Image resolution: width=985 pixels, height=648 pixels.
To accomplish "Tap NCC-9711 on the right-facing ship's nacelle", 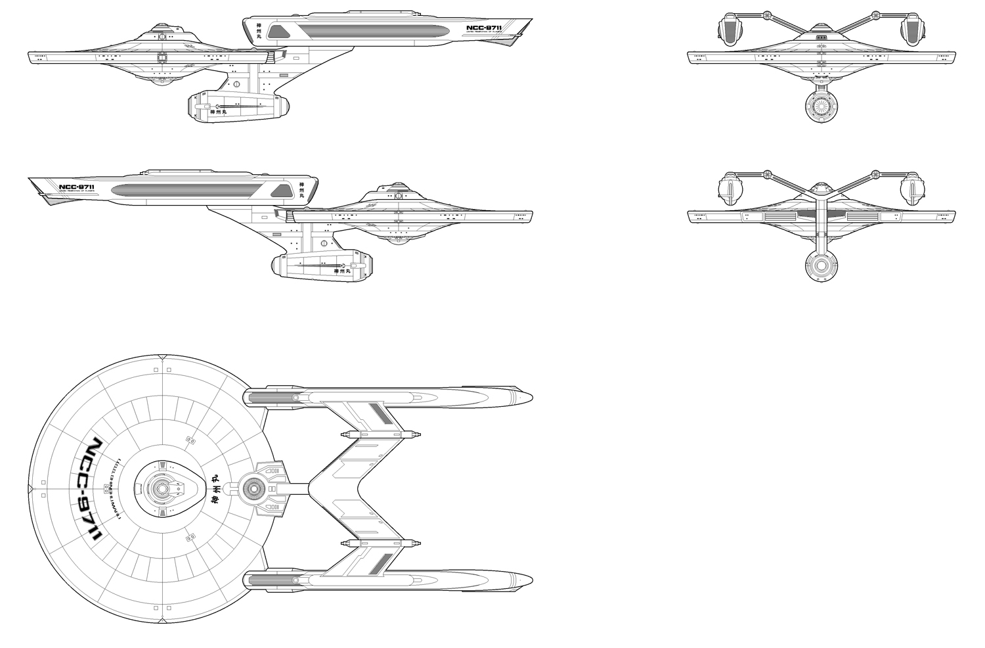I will pyautogui.click(x=76, y=187).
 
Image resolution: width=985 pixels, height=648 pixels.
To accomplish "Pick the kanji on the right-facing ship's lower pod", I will pyautogui.click(x=339, y=270).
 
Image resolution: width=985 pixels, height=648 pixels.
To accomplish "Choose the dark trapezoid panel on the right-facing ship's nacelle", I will pyautogui.click(x=280, y=191).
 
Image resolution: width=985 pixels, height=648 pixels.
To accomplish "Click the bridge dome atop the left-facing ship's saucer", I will pyautogui.click(x=158, y=31).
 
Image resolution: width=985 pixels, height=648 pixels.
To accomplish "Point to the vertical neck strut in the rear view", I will pyautogui.click(x=820, y=223).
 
